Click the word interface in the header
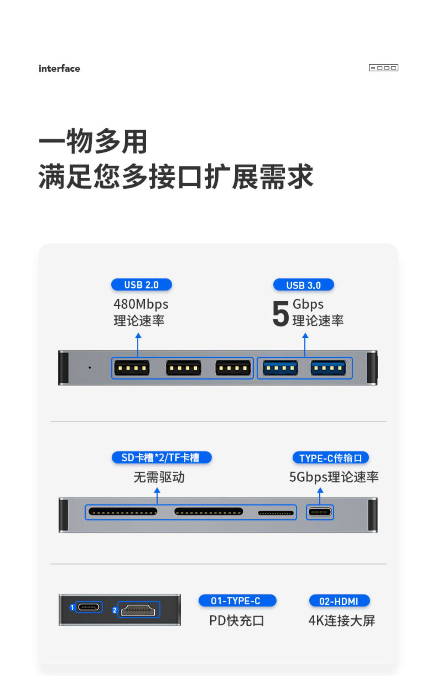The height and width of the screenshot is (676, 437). click(x=59, y=69)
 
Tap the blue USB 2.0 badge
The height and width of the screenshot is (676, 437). click(x=141, y=285)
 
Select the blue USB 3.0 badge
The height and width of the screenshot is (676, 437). click(x=303, y=285)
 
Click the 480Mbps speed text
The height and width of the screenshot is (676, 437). click(x=141, y=304)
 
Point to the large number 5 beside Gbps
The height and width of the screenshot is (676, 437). click(x=280, y=314)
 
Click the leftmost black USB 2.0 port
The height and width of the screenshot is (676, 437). click(x=132, y=368)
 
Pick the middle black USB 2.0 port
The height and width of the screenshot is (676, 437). click(x=183, y=368)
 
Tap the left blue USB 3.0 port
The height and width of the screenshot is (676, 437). click(x=280, y=368)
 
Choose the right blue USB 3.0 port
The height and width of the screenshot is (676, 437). click(x=328, y=368)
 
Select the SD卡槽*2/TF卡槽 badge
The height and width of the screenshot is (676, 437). click(x=161, y=458)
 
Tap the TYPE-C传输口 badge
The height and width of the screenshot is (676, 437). click(x=330, y=458)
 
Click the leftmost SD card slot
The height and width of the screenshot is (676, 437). click(x=123, y=512)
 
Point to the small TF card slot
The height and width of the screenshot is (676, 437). click(x=276, y=513)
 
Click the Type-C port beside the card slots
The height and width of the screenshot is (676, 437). click(x=320, y=512)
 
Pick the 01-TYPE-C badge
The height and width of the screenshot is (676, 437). click(x=237, y=601)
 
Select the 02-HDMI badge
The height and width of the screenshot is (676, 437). click(x=339, y=601)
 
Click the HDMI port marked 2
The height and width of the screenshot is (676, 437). click(x=138, y=610)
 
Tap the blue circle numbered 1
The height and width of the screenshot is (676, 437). click(x=72, y=608)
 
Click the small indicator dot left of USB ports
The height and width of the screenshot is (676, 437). click(x=90, y=368)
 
